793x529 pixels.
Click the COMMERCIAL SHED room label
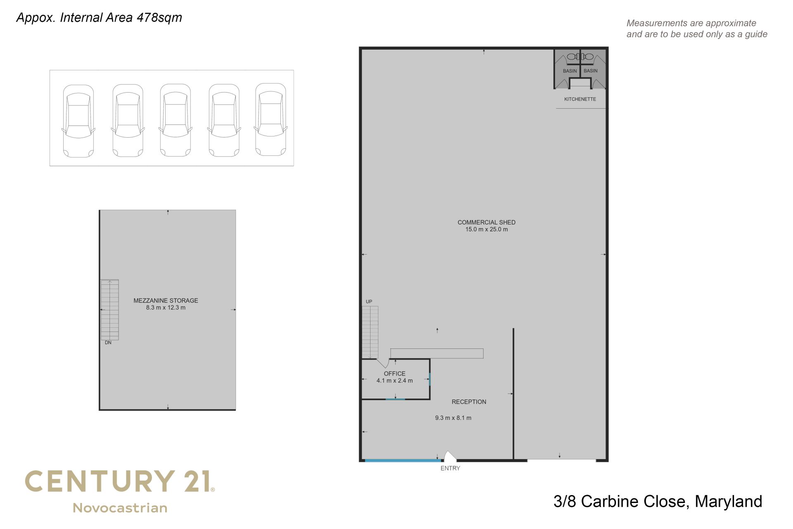point(486,222)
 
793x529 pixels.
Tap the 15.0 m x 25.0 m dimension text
point(487,229)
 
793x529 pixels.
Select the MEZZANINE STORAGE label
point(166,300)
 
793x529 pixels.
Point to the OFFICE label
point(394,374)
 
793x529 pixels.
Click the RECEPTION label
point(469,402)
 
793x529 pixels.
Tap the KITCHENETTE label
point(580,99)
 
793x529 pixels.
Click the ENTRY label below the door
point(450,468)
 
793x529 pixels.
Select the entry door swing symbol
point(450,456)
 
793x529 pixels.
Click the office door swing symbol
point(383,363)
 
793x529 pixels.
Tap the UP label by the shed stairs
point(369,302)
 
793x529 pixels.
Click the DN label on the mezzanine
point(108,343)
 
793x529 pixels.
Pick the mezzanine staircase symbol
point(110,310)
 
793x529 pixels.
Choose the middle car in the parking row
point(176,120)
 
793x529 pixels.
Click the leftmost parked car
point(78,121)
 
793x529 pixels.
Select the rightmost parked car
point(271,119)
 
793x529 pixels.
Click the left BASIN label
point(570,71)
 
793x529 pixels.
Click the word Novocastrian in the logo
point(120,508)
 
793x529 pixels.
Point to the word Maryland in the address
point(728,502)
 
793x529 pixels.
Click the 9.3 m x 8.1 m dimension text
point(453,418)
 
